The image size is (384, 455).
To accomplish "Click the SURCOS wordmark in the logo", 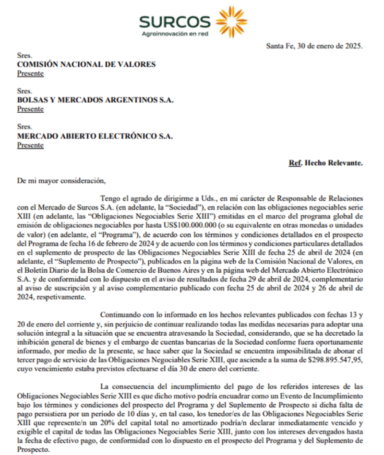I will pos(175,22).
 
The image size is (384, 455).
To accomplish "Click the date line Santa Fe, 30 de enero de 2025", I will pos(314,46).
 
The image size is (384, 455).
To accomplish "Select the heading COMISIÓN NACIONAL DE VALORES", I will pos(86,64).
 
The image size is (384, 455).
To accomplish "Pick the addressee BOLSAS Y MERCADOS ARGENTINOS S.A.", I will pos(95,100).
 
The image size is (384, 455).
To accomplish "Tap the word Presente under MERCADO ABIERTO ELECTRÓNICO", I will pos(30,145).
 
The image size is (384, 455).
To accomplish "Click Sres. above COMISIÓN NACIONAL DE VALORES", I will pos(24,55).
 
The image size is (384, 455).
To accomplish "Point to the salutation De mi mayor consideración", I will pos(60,181).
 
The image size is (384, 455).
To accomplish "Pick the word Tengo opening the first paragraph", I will pos(110,198).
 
